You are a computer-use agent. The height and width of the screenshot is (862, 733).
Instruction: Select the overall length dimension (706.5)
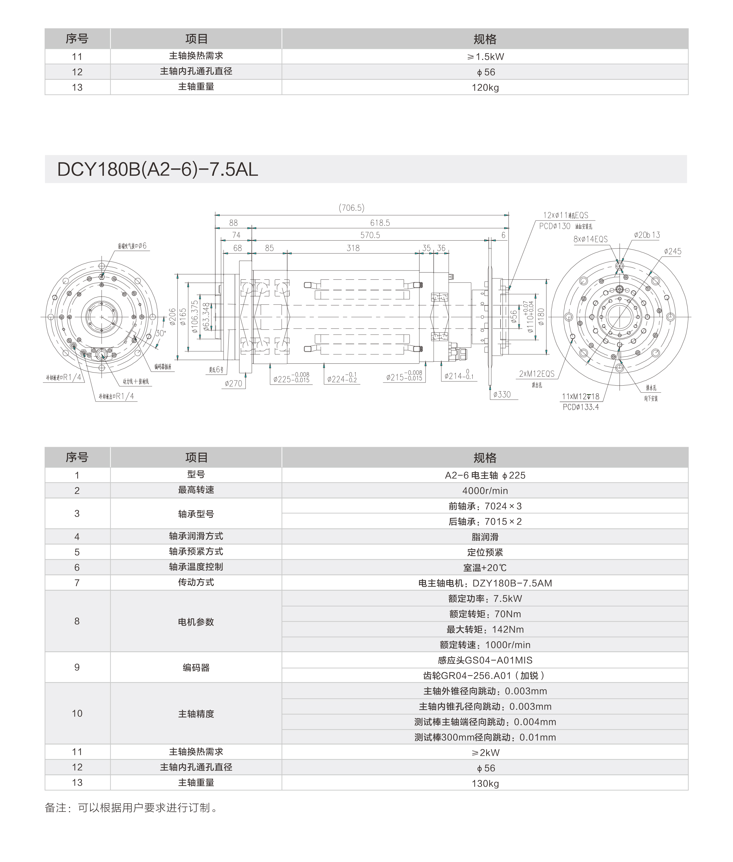pos(351,208)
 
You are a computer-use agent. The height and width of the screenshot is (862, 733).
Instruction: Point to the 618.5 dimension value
pos(380,223)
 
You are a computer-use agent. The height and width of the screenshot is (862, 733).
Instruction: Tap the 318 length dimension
pos(353,248)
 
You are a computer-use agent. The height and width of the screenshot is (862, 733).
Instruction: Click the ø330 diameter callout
pos(502,394)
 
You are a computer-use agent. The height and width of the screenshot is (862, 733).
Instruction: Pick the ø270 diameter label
pos(233,384)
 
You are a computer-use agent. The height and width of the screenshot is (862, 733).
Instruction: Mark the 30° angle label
pos(160,333)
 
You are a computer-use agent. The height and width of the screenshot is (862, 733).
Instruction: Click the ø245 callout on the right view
pos(672,252)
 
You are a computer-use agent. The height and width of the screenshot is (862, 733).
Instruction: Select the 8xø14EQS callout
pos(590,239)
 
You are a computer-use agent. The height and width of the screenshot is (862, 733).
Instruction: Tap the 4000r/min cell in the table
pos(485,491)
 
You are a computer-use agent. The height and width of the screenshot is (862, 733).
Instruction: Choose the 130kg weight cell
pos(485,784)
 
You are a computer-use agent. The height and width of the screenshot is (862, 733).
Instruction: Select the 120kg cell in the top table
pos(485,88)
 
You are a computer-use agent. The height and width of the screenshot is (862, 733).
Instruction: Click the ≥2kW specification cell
pos(485,753)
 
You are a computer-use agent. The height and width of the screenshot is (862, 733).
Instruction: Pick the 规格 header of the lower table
pos(485,457)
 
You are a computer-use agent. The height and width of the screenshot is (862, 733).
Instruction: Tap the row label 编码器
pos(196,668)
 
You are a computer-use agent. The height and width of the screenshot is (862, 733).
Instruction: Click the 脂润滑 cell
pos(485,537)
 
